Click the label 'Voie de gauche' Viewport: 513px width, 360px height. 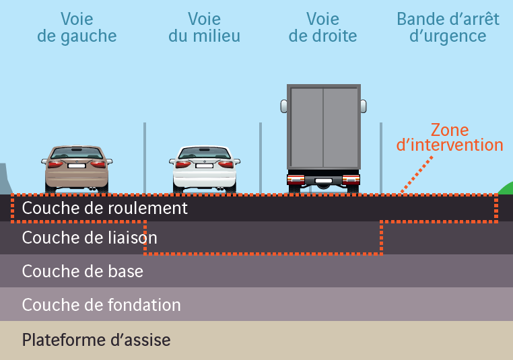pos(77,28)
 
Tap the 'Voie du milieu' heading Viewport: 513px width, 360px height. pos(204,28)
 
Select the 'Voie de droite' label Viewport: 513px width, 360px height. pos(322,28)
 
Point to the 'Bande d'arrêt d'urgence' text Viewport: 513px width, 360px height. pos(448,28)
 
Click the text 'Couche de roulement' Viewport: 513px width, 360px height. pos(104,208)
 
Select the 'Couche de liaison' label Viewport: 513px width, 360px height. pos(90,238)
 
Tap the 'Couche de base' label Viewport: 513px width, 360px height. pos(82,271)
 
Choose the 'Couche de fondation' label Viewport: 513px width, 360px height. pos(101,305)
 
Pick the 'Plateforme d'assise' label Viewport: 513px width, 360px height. pos(96,339)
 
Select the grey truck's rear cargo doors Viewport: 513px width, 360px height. pos(323,127)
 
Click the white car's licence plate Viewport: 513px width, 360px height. pos(204,165)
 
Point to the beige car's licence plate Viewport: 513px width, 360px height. pos(77,165)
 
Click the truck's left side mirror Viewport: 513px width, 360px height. pos(283,106)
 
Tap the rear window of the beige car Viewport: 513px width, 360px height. pos(77,153)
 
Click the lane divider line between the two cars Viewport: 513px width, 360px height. pos(144,158)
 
